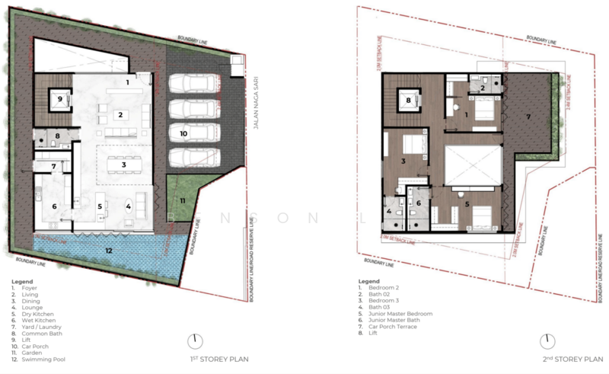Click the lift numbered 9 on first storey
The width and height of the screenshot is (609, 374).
tap(59, 98)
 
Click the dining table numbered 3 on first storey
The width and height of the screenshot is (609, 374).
tap(117, 164)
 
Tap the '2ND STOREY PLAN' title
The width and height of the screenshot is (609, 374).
tap(563, 357)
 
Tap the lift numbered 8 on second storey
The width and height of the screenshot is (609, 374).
tap(409, 99)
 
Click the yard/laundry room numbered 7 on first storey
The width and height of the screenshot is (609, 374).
tap(54, 167)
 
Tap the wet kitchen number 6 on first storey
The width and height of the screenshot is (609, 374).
tap(54, 206)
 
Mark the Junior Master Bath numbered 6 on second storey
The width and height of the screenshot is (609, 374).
tap(419, 203)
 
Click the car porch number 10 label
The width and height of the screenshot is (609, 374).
tap(183, 133)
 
